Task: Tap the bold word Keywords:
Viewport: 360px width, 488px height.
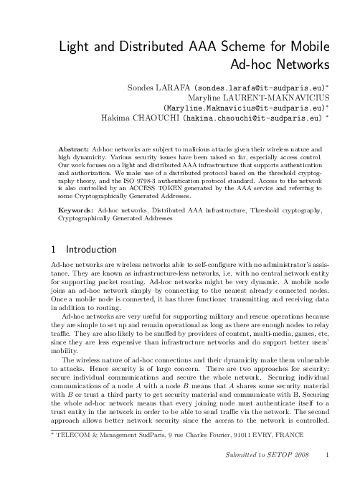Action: [x=75, y=211]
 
